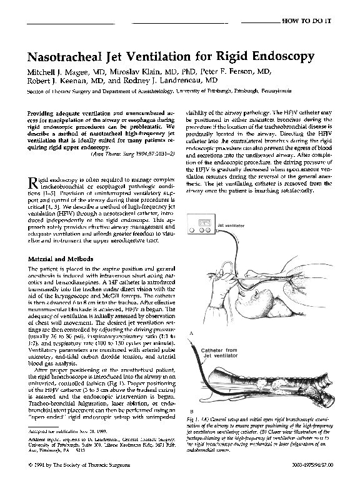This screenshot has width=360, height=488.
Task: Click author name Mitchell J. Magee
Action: pos(59,71)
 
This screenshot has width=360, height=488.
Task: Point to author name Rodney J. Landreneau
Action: pos(167,81)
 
